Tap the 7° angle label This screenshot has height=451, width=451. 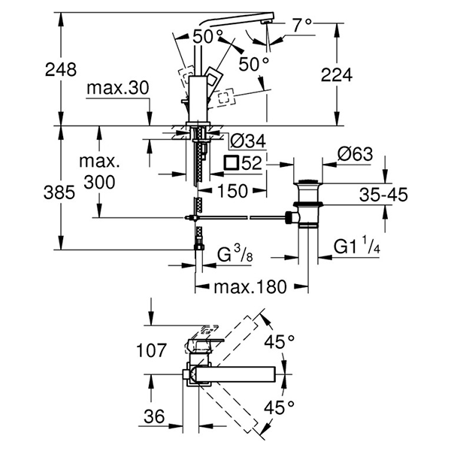(x=300, y=26)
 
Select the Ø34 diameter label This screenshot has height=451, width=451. (x=246, y=141)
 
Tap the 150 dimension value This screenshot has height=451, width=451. (x=232, y=192)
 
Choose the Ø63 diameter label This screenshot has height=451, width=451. (x=355, y=154)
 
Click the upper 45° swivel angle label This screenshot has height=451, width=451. (x=279, y=342)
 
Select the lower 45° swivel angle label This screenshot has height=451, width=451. (x=279, y=408)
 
